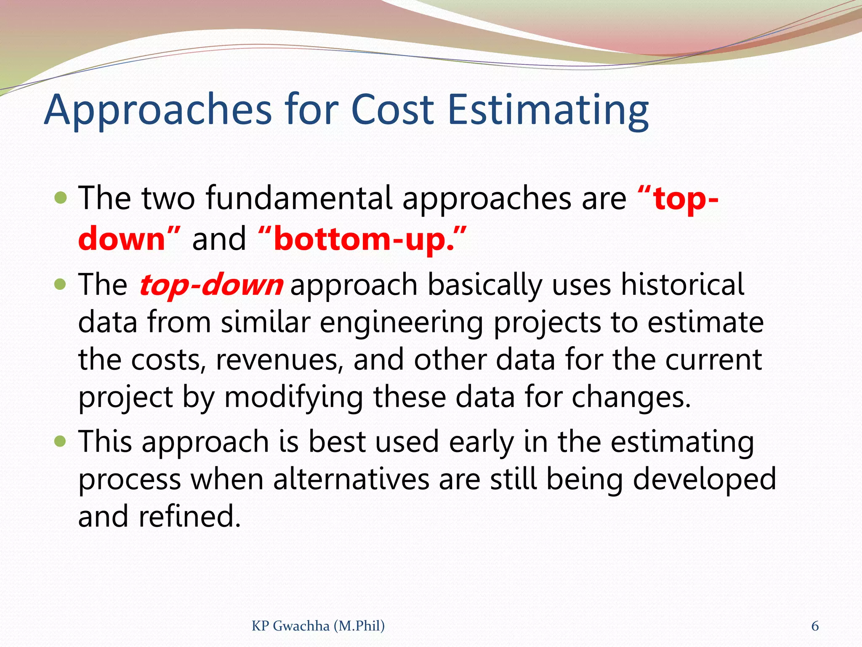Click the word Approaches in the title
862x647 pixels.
coord(157,110)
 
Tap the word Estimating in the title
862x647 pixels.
coord(548,110)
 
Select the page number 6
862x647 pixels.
coord(815,626)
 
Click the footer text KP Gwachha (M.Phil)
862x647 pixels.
coord(318,626)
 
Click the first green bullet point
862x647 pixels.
coord(61,198)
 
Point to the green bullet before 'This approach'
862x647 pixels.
coord(61,441)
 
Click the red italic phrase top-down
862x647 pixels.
coord(211,285)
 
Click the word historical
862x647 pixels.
coord(682,285)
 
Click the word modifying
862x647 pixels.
coord(293,398)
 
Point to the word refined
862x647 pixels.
coord(189,516)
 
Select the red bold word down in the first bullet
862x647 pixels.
coord(122,239)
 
